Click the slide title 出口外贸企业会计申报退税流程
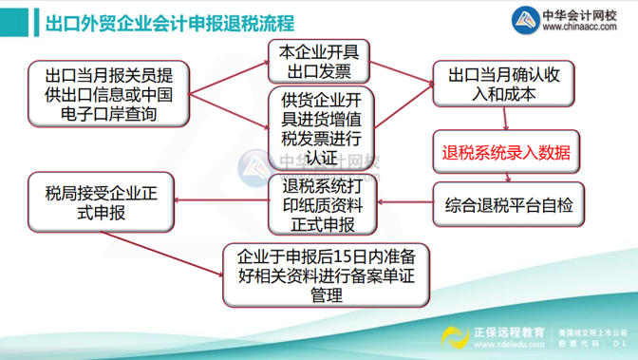click(x=170, y=22)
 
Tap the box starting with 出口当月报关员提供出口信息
click(x=107, y=93)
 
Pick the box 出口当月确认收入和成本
click(x=504, y=84)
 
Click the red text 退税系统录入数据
click(x=504, y=152)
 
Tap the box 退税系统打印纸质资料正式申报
click(x=317, y=204)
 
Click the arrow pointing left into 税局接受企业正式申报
click(x=218, y=199)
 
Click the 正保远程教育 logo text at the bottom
click(x=510, y=332)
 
